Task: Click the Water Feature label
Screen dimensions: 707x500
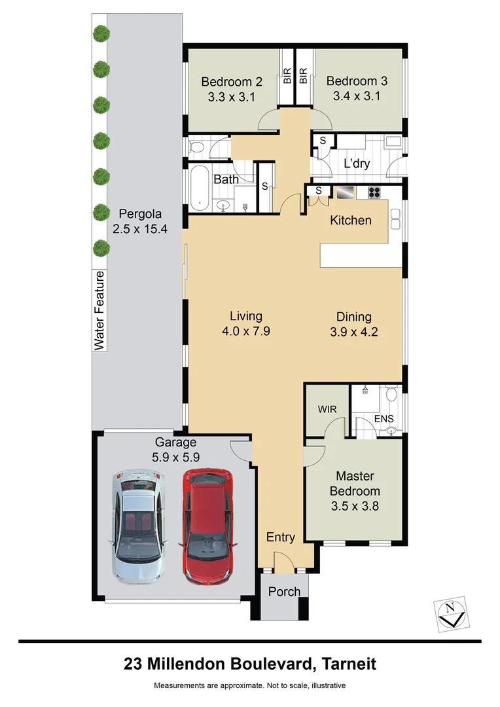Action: tap(99, 310)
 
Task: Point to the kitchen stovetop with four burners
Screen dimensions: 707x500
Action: tap(374, 192)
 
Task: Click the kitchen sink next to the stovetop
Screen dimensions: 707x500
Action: tap(345, 192)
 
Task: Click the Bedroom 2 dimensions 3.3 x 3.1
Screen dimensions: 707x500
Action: tap(232, 97)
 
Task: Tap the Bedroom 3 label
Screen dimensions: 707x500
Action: tap(357, 82)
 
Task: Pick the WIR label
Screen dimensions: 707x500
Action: tap(327, 408)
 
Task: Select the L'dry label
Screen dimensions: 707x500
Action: tap(357, 164)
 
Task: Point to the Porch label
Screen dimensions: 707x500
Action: tap(285, 591)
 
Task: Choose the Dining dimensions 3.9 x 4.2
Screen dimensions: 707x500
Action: tap(354, 332)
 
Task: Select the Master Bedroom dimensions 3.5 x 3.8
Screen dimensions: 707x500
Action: tap(354, 506)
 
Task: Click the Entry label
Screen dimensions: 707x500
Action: tap(281, 537)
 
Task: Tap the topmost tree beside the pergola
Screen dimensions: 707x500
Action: tap(101, 33)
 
